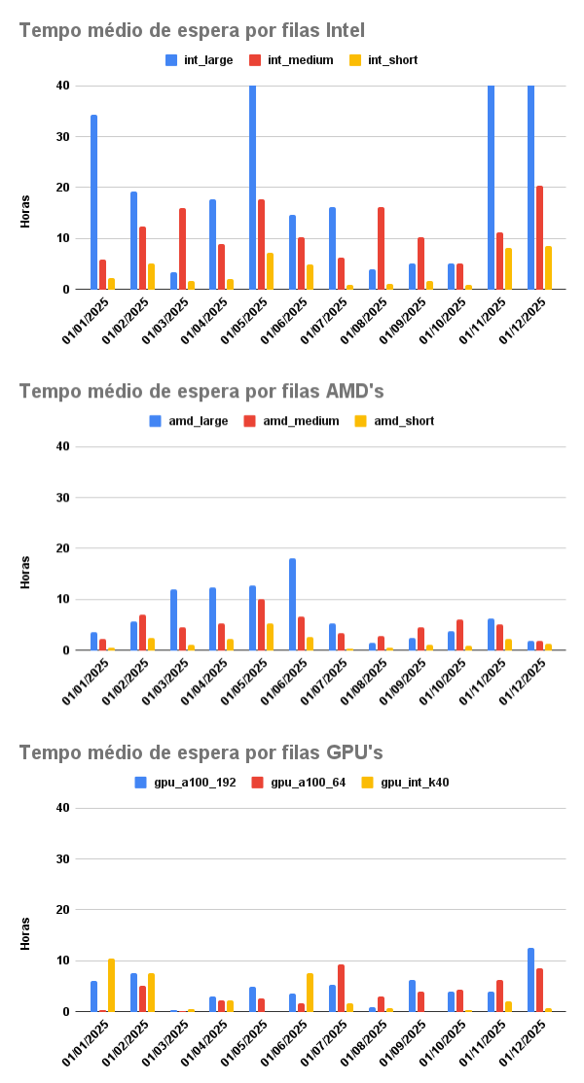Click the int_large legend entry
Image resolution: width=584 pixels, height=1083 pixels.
click(200, 60)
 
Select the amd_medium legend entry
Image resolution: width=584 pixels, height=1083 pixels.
click(295, 421)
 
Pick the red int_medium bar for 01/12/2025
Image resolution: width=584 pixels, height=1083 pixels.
click(540, 237)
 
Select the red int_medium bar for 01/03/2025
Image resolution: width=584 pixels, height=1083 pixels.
click(182, 249)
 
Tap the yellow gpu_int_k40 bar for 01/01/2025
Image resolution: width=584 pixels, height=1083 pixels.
click(111, 986)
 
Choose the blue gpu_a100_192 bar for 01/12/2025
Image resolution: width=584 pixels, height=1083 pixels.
click(531, 980)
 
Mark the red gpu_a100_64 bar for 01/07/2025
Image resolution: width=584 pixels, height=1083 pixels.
click(341, 988)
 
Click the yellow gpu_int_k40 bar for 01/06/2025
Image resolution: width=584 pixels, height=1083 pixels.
click(310, 993)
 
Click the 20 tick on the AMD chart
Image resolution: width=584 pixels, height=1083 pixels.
click(62, 548)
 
